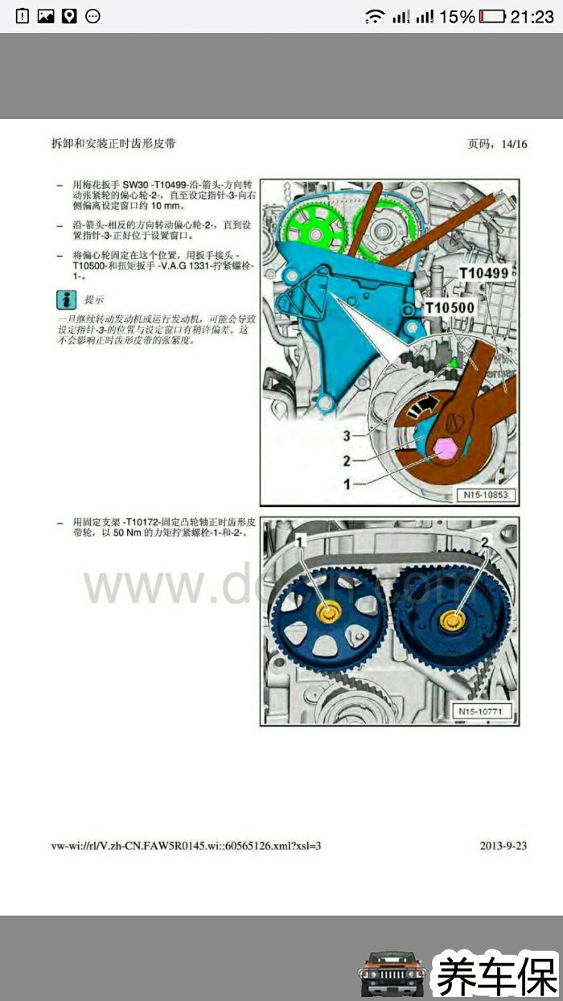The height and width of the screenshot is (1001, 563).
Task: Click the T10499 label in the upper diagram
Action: pyautogui.click(x=483, y=274)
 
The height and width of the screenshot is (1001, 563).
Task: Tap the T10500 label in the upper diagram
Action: pyautogui.click(x=449, y=307)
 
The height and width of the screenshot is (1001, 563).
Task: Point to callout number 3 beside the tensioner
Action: pyautogui.click(x=347, y=435)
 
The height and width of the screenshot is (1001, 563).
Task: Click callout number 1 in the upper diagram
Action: pyautogui.click(x=347, y=484)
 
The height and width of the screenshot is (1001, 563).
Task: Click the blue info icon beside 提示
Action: pyautogui.click(x=66, y=300)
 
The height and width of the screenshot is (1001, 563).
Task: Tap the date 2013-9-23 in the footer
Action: pyautogui.click(x=503, y=846)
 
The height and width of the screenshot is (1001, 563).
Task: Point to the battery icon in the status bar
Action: pyautogui.click(x=492, y=16)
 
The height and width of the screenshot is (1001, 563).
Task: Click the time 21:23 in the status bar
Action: pyautogui.click(x=532, y=16)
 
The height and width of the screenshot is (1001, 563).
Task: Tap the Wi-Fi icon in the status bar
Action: pyautogui.click(x=374, y=16)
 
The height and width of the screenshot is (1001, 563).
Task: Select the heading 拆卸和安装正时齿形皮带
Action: pyautogui.click(x=113, y=143)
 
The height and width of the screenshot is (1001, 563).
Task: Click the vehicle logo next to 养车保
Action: pyautogui.click(x=392, y=974)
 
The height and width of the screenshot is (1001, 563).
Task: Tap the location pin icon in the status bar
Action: pyautogui.click(x=69, y=16)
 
